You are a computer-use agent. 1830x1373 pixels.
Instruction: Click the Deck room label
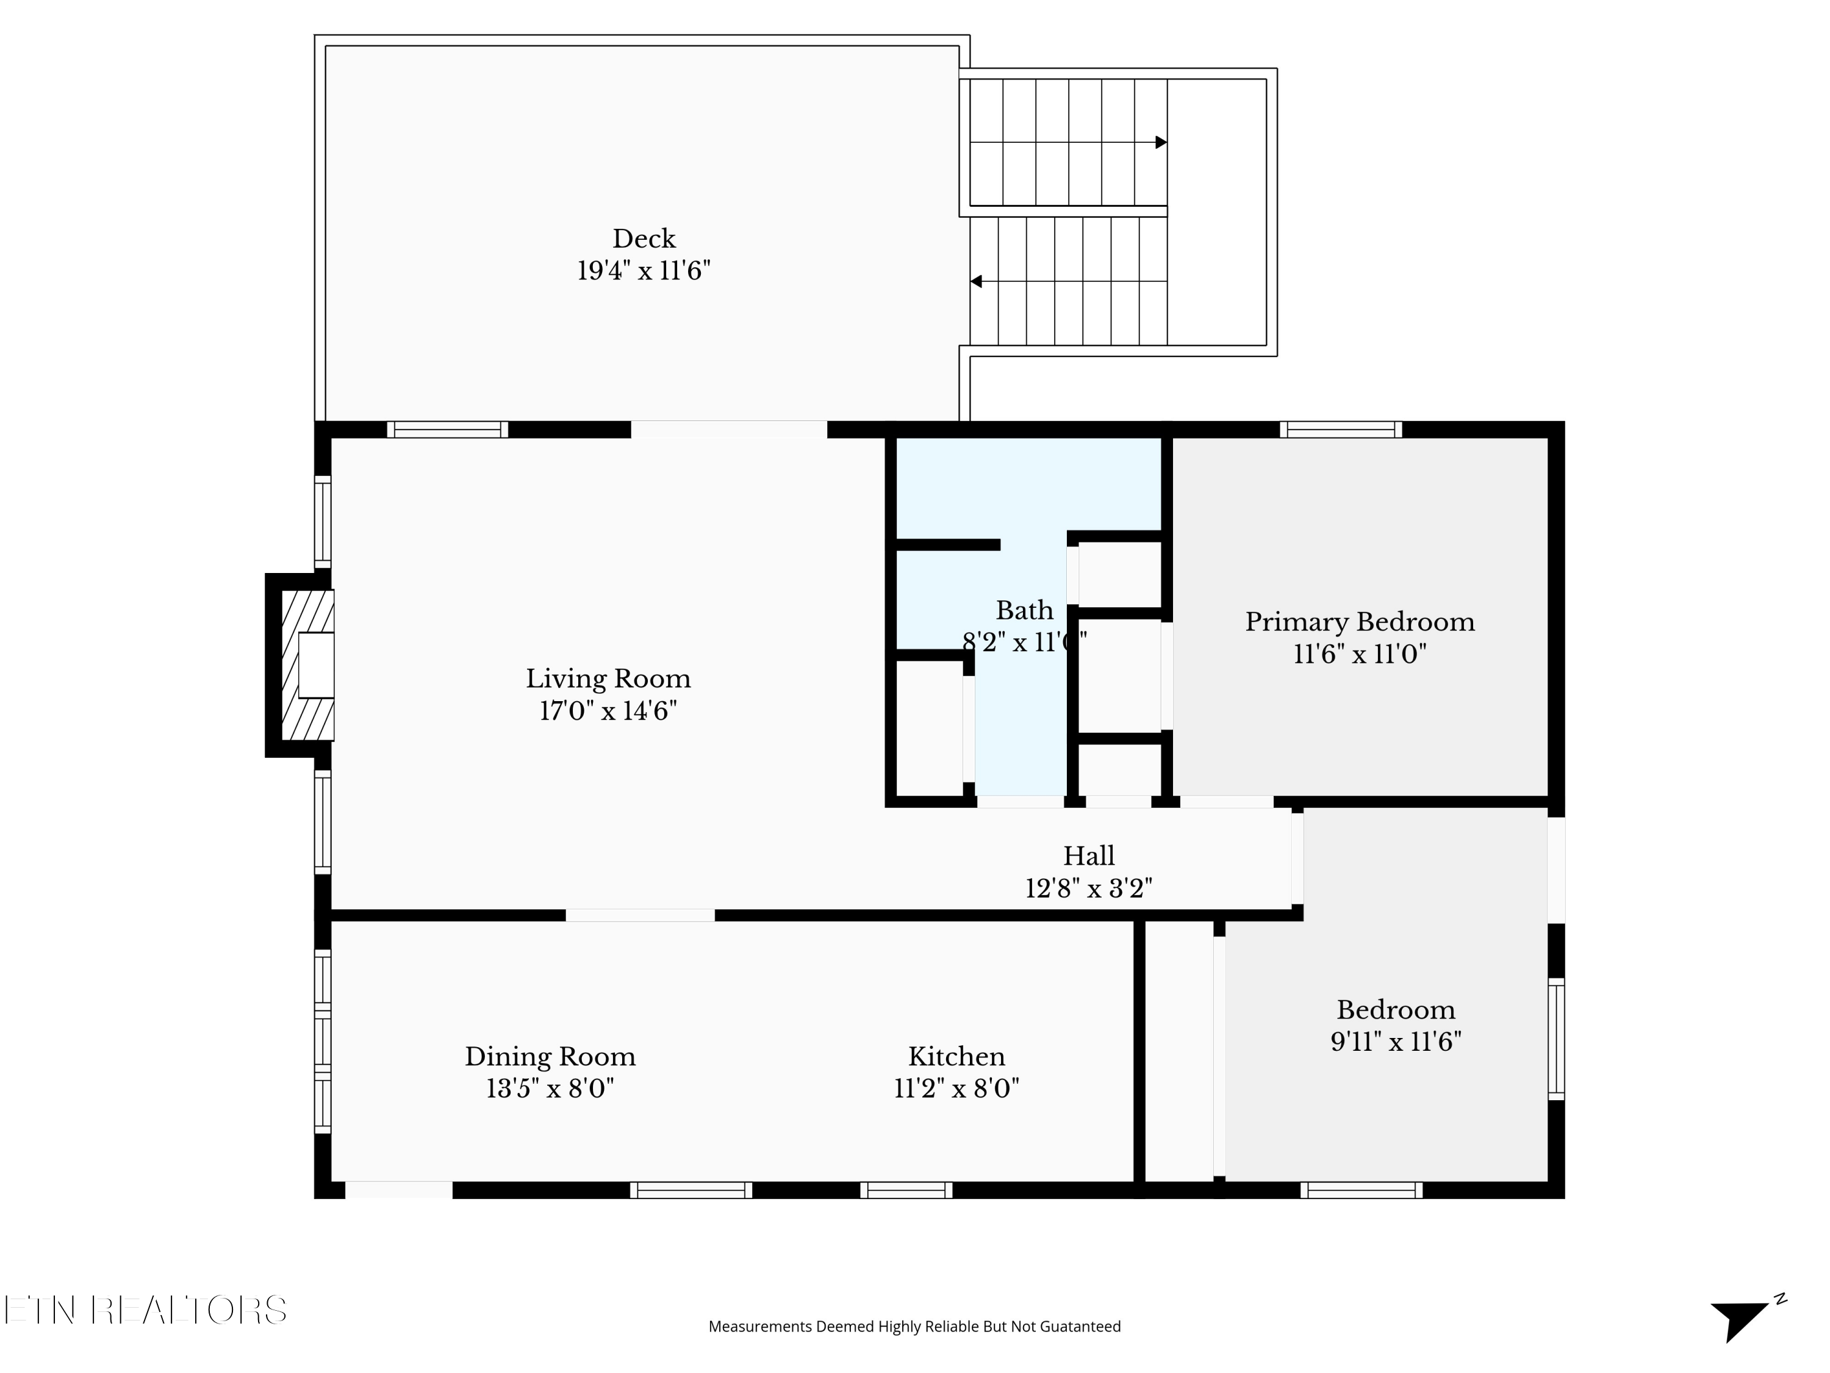pos(644,239)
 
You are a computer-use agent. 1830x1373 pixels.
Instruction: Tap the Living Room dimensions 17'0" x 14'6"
pos(608,711)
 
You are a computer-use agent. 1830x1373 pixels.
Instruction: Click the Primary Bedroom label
pos(1359,622)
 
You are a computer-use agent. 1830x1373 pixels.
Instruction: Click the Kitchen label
pos(956,1057)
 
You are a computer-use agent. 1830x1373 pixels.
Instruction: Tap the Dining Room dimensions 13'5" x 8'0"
pos(550,1088)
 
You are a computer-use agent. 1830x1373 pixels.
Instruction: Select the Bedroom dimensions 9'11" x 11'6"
pos(1396,1041)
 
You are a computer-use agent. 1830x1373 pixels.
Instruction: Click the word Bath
pos(1024,611)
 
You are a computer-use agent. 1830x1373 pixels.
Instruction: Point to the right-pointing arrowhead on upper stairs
pos(1161,142)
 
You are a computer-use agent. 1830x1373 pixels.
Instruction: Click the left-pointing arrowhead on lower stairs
pos(976,281)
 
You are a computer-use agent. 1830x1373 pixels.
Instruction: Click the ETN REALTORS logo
pos(146,1310)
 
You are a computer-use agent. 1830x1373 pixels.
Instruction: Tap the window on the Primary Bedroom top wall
pos(1340,430)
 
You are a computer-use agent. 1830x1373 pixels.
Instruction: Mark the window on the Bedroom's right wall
pos(1556,1039)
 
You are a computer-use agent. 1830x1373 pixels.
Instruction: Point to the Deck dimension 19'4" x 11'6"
pos(644,270)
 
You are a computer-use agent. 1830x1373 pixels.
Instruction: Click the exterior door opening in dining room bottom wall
pos(399,1190)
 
